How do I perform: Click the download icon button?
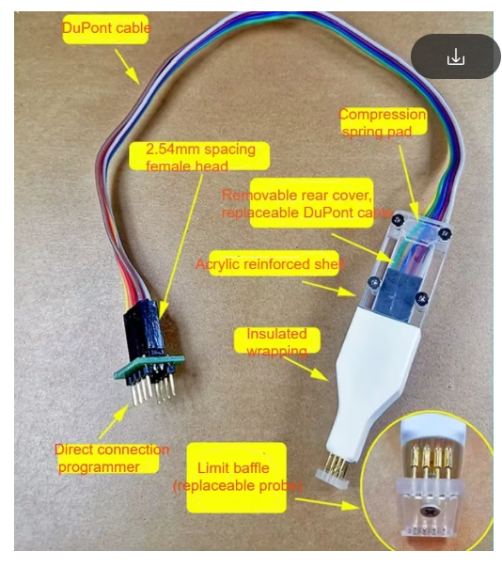pyautogui.click(x=456, y=57)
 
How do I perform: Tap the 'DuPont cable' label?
pyautogui.click(x=105, y=28)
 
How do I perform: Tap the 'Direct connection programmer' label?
pyautogui.click(x=110, y=458)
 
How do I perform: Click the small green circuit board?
pyautogui.click(x=146, y=365)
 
